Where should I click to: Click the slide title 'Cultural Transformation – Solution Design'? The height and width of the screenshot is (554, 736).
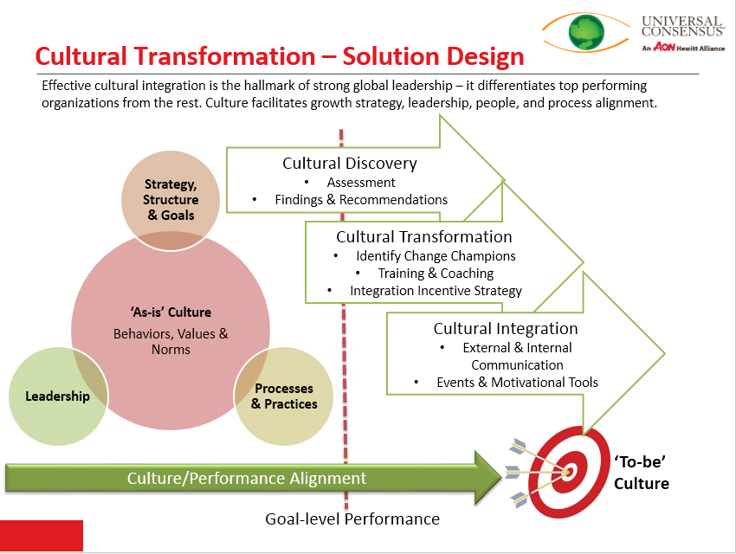click(x=280, y=57)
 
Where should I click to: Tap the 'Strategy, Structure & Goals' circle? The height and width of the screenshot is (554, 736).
click(x=170, y=198)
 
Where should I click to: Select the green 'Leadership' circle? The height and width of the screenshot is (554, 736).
click(x=57, y=396)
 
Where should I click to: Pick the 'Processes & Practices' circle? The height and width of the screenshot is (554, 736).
click(x=284, y=396)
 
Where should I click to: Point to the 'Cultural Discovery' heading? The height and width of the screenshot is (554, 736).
click(x=349, y=164)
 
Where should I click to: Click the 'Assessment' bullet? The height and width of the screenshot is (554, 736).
click(x=360, y=183)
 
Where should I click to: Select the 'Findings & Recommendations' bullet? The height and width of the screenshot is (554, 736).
click(x=360, y=200)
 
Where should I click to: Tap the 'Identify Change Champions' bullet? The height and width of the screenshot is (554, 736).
click(x=435, y=256)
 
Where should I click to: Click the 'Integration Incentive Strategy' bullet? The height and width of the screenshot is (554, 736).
click(x=435, y=291)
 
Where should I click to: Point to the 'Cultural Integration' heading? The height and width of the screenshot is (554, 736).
click(x=506, y=329)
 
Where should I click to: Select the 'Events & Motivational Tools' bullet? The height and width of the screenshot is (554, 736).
click(x=517, y=382)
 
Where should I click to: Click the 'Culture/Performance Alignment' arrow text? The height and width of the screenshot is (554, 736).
click(x=247, y=478)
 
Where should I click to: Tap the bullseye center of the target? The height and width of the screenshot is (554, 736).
click(x=569, y=472)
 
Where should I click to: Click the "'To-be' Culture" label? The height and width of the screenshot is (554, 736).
click(x=642, y=472)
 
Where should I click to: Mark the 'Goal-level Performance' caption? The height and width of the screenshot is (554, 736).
click(x=352, y=519)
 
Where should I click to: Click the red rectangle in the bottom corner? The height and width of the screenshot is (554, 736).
click(x=42, y=536)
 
